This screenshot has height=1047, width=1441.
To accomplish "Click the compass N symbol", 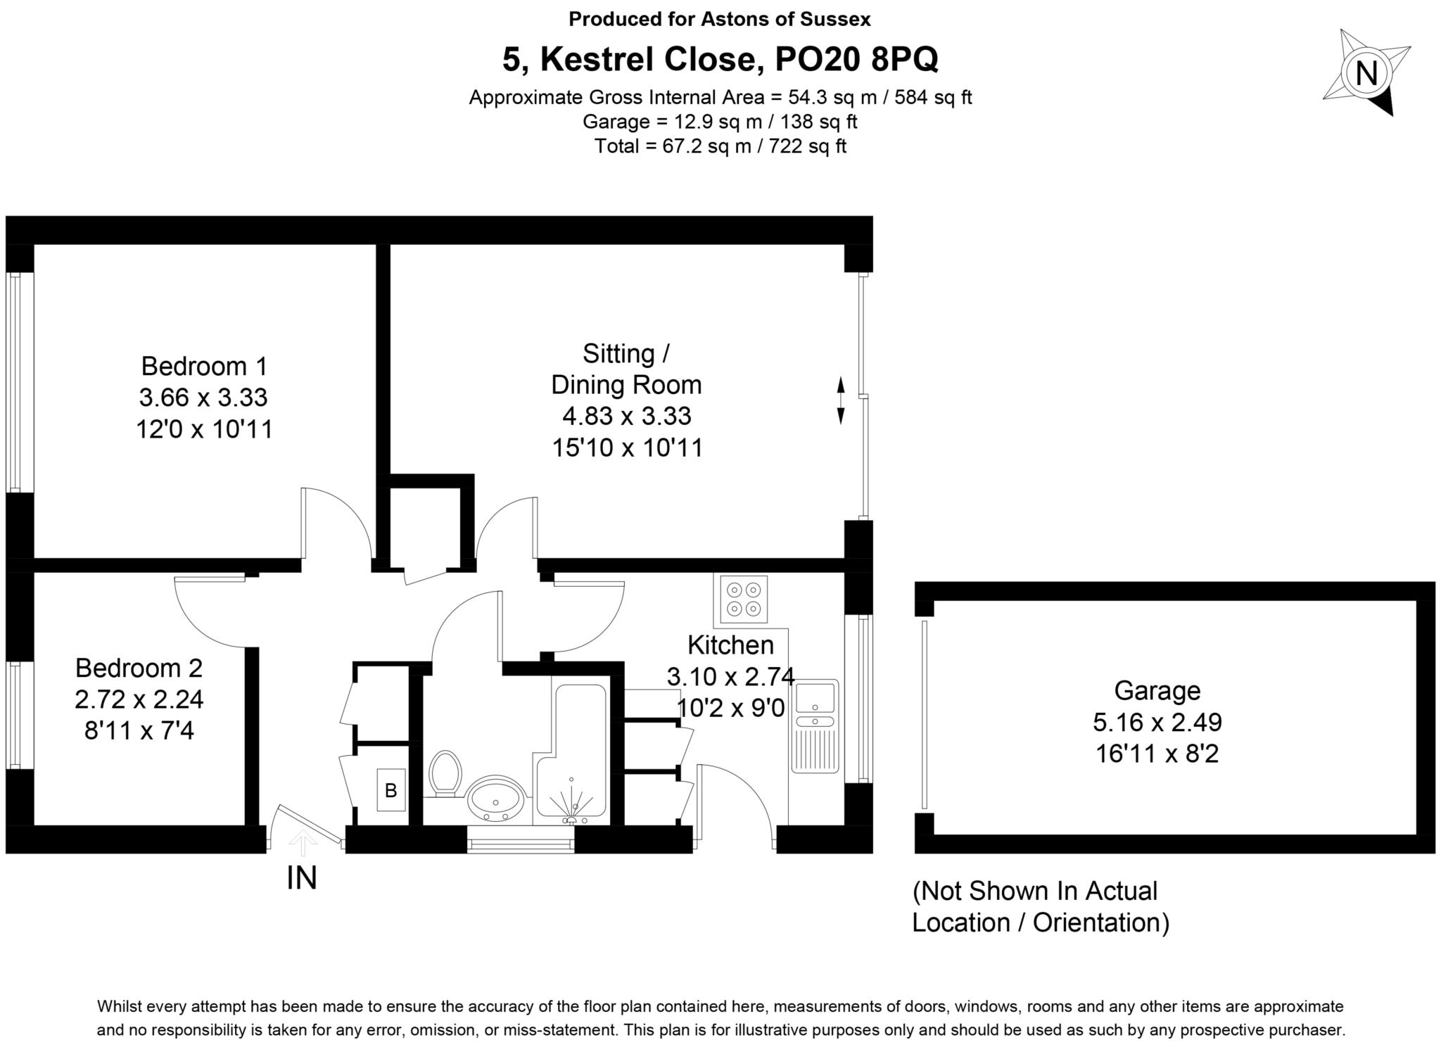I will [x=1366, y=72].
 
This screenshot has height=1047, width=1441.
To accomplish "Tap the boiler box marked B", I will [x=391, y=790].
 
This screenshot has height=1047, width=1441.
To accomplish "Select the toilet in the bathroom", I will [x=445, y=773].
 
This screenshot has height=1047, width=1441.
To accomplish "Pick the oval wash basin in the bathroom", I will [x=496, y=799].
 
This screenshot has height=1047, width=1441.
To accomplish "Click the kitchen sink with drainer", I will [x=815, y=725].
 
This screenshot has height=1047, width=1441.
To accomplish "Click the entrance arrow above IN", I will [x=303, y=842].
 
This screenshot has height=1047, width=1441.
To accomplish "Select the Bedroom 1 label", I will [x=204, y=367].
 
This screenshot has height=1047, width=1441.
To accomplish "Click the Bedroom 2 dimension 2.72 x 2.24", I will [x=139, y=699].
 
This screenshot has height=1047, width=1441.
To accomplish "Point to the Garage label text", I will [x=1157, y=691].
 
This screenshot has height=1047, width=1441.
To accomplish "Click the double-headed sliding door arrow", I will [x=840, y=400].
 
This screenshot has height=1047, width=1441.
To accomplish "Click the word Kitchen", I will [x=730, y=645].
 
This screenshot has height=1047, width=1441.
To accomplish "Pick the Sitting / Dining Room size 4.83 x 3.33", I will [x=626, y=416].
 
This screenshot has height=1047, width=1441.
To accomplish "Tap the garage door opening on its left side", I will [x=924, y=714].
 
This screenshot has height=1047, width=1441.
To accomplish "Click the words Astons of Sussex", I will [x=785, y=19].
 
